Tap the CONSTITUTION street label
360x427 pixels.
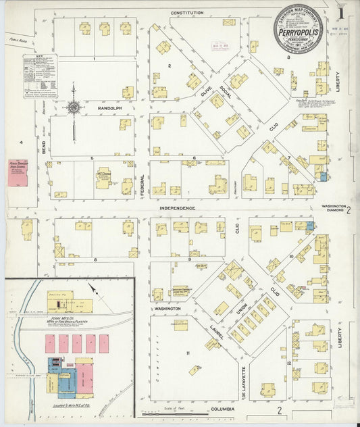187,13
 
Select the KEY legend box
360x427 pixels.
40,76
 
